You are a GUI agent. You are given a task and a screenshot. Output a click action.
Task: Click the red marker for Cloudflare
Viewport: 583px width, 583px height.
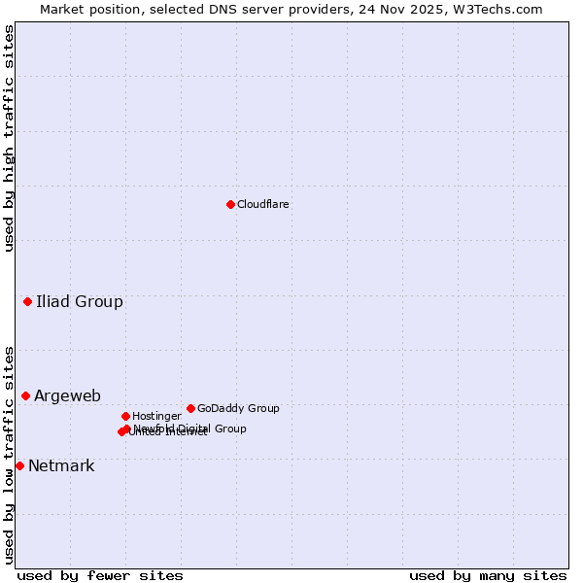[230, 204]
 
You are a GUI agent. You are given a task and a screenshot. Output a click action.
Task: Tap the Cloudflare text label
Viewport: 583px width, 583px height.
[262, 204]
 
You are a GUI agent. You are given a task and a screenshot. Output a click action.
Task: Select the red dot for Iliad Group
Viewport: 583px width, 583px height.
[27, 301]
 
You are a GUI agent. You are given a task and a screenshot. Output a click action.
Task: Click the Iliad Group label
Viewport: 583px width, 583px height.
[80, 301]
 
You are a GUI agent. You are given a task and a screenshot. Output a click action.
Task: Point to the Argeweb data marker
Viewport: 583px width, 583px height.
[25, 395]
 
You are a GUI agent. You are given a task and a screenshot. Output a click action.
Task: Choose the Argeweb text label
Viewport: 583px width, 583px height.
[67, 395]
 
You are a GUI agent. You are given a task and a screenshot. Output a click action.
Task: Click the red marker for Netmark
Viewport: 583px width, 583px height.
[19, 465]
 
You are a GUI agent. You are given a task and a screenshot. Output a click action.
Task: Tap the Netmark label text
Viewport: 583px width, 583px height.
[61, 465]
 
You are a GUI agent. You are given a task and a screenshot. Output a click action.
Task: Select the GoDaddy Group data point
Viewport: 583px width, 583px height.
[190, 408]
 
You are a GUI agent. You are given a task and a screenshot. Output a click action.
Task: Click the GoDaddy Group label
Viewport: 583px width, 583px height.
[238, 408]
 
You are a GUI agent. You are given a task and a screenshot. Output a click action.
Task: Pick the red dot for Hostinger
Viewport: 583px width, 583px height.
[125, 416]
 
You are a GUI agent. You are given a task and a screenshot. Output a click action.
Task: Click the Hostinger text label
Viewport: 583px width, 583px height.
[156, 416]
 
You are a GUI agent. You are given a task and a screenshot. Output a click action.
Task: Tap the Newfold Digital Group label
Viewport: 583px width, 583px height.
[190, 428]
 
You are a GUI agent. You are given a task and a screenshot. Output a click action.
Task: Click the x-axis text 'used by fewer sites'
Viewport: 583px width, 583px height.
[100, 575]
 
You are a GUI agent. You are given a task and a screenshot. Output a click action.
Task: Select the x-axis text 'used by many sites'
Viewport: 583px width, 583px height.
[488, 575]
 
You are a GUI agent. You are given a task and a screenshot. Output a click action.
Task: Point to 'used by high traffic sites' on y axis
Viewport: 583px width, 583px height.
[9, 138]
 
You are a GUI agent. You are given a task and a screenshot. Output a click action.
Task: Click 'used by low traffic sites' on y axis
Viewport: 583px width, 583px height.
[9, 454]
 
